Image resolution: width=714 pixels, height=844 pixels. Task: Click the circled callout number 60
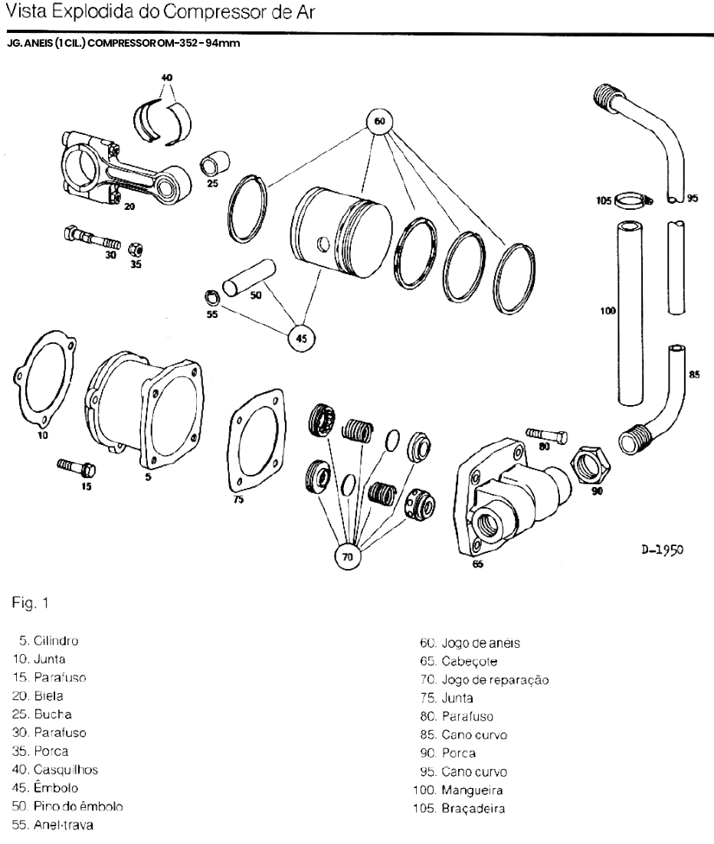(379, 121)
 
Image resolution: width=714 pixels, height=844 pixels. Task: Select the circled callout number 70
(347, 558)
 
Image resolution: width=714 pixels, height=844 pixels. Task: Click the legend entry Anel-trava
(62, 825)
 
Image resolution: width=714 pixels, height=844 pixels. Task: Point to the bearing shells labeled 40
(165, 119)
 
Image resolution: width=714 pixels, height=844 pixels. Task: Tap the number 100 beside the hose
(609, 312)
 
